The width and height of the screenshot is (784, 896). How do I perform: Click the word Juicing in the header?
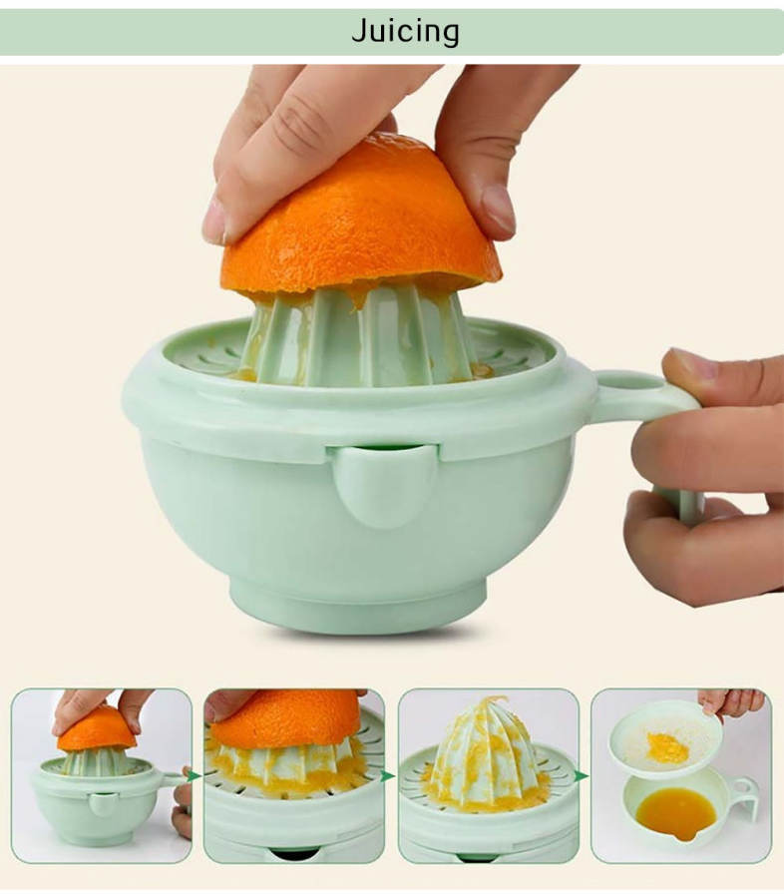tap(405, 31)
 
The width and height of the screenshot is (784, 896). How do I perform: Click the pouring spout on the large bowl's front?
tap(381, 485)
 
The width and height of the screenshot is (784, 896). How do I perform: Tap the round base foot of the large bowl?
tap(358, 606)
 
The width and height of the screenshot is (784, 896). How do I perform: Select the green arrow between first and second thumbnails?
tap(194, 776)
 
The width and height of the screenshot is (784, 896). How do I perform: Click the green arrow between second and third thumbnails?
tap(388, 776)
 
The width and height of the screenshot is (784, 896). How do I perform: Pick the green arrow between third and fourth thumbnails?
tap(582, 776)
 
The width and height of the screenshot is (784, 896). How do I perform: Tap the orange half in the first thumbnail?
tap(97, 729)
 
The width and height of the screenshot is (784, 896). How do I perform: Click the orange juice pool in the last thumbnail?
tap(676, 813)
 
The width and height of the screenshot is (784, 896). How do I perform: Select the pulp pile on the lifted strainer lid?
tap(667, 747)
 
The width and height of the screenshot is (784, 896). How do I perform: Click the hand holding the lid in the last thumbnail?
tap(732, 702)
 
